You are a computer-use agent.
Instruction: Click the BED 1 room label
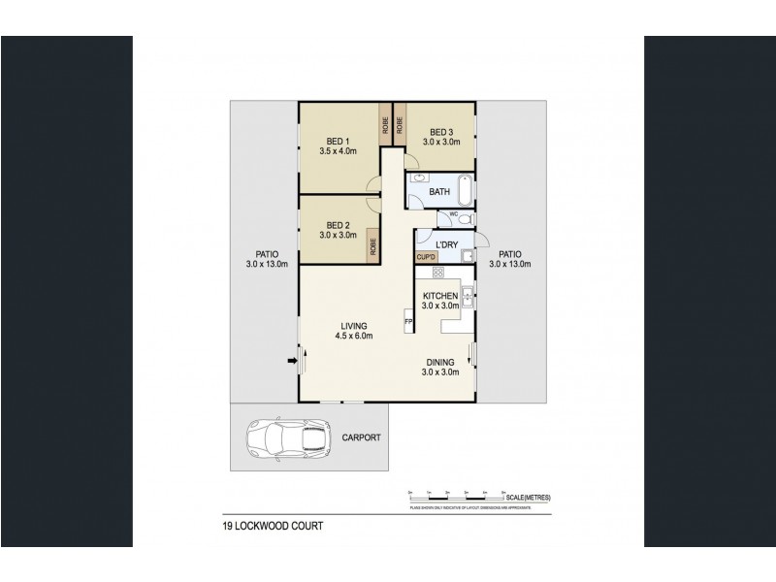(x=338, y=139)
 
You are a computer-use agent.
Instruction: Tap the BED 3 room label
(x=440, y=132)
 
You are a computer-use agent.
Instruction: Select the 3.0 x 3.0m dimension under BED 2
(x=338, y=235)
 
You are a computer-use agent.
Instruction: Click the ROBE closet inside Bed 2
(x=372, y=246)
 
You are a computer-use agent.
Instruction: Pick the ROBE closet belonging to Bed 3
(x=400, y=123)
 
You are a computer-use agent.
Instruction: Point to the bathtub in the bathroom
(x=463, y=190)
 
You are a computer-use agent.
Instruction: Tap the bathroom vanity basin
(x=419, y=180)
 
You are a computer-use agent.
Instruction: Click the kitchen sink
(x=467, y=297)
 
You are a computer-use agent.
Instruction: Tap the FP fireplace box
(x=408, y=320)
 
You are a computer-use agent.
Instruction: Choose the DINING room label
(x=440, y=363)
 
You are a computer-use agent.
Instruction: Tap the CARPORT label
(x=362, y=438)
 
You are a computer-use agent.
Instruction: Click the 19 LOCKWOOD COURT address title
(x=269, y=529)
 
